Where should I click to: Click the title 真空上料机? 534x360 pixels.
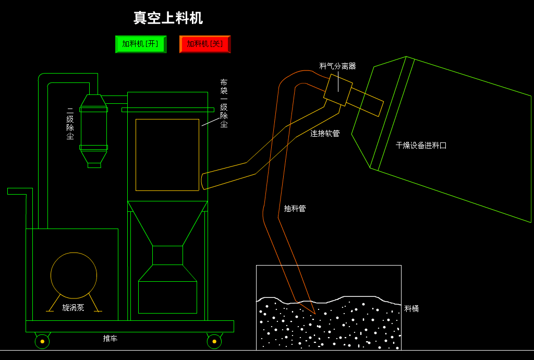[x=168, y=18]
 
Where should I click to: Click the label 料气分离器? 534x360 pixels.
[x=337, y=66]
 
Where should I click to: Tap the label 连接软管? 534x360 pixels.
[x=325, y=134]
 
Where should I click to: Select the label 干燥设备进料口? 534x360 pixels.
[x=421, y=146]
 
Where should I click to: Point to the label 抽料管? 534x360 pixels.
[x=295, y=209]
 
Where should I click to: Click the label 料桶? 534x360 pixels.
[x=411, y=309]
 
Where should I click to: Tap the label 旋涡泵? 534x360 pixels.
[x=73, y=308]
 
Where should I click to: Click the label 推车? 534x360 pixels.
[x=110, y=339]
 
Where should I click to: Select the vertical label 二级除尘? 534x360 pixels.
[x=70, y=124]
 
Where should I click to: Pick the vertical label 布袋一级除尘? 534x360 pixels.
[x=224, y=103]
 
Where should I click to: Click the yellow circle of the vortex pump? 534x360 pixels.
[x=74, y=275]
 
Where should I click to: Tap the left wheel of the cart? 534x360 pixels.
[x=42, y=341]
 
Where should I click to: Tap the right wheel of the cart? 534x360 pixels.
[x=214, y=341]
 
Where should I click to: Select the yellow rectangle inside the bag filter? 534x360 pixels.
[x=167, y=155]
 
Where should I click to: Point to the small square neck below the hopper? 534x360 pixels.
[x=167, y=255]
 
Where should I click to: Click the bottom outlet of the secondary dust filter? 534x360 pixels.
[x=94, y=165]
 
